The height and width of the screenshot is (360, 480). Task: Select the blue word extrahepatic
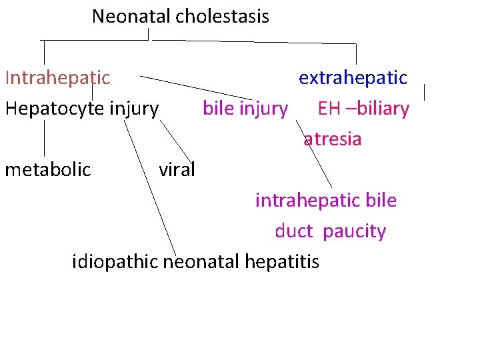tap(353, 78)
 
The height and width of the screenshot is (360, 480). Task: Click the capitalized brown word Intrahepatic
tap(57, 78)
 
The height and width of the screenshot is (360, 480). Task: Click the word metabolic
tap(47, 169)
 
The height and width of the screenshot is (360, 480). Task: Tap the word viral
tap(177, 169)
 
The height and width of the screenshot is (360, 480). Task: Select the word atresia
tap(333, 139)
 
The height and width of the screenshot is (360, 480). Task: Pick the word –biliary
tap(378, 108)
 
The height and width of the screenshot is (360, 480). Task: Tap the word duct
tap(294, 231)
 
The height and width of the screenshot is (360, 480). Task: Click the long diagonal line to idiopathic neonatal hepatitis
tap(150, 187)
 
